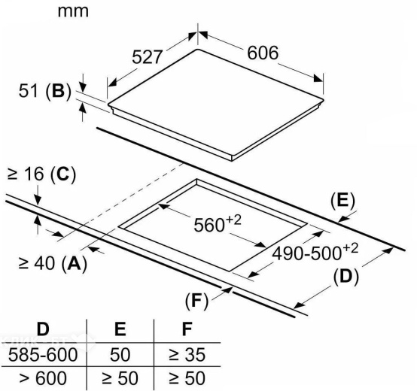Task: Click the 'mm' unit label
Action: point(73,12)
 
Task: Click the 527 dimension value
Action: point(147,57)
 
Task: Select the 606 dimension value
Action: point(263,53)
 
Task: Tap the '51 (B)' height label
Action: point(45,91)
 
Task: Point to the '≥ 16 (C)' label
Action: point(41,174)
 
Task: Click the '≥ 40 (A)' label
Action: point(53,263)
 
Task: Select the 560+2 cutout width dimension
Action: point(218,224)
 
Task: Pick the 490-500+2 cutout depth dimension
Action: point(315,252)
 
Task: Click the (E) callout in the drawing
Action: point(342,200)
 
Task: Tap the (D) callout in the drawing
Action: point(346,277)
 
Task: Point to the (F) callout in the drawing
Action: point(196,301)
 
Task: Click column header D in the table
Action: point(43,329)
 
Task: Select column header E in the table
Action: point(120,329)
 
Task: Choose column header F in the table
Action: point(187,329)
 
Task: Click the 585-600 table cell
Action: point(43,355)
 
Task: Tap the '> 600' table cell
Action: point(43,378)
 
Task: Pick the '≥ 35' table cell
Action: point(187,355)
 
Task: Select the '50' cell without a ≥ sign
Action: point(120,355)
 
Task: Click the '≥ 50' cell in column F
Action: point(187,378)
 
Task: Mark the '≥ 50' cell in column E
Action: point(120,378)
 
